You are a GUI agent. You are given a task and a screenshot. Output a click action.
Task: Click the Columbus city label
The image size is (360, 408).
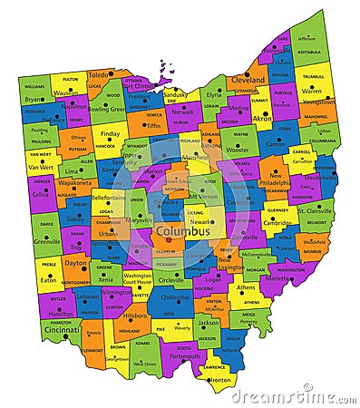click(x=183, y=231)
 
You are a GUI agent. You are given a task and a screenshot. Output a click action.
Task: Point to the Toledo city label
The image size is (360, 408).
click(x=99, y=74)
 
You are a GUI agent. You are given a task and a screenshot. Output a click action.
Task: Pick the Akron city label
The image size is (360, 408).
click(x=262, y=118)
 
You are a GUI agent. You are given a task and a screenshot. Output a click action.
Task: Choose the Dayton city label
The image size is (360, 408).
click(x=76, y=263)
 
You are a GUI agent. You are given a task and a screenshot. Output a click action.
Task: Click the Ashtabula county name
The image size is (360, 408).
click(x=309, y=52)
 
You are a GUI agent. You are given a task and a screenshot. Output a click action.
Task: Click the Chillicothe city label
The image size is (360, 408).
click(x=174, y=296)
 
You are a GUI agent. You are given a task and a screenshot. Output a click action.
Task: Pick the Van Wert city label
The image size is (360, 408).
click(x=42, y=168)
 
